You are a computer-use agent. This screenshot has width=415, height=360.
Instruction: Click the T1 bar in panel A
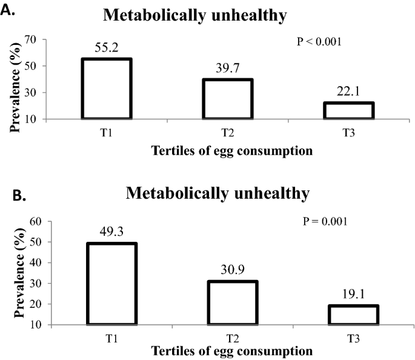(107, 88)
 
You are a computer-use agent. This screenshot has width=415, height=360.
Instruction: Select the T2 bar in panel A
(228, 99)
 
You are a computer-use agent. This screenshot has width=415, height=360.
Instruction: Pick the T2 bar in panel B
(233, 302)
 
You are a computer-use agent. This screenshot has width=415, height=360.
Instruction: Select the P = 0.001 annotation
(325, 221)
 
